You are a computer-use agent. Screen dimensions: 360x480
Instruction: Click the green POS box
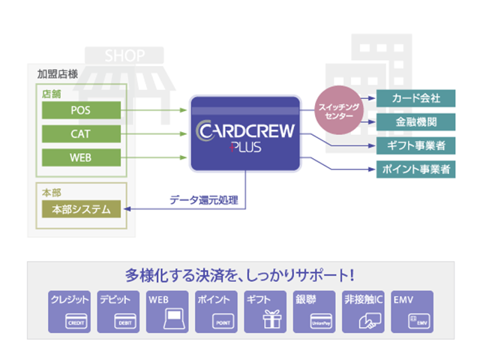pos(80,111)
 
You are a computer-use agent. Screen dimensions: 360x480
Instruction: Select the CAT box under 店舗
pos(80,134)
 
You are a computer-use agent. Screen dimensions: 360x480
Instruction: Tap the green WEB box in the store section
pos(80,157)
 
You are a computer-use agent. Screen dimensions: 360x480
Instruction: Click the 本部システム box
pos(80,209)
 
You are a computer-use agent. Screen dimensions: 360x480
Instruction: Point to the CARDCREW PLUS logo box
pos(245,133)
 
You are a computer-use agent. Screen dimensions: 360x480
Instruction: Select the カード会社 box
pos(415,98)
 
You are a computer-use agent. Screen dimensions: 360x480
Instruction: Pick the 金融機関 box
pos(415,121)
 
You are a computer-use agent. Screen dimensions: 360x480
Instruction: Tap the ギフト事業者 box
pos(415,145)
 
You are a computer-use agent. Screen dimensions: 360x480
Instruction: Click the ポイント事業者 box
pos(415,169)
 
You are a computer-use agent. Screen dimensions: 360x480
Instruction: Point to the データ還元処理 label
pos(203,199)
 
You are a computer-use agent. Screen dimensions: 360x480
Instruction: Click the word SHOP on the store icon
pos(125,55)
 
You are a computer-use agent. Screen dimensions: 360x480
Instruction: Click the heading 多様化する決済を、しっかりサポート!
pos(240,274)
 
